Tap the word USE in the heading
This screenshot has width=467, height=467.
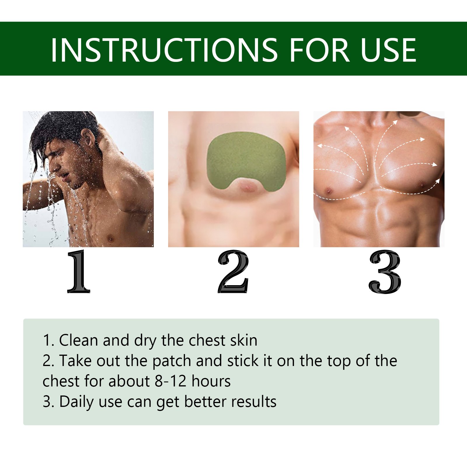point(388,50)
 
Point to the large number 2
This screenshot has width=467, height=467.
point(233,271)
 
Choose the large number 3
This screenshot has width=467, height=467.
point(385,271)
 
